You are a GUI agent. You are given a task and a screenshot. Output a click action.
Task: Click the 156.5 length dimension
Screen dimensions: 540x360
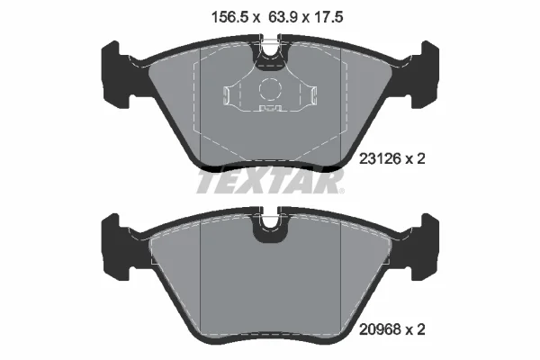pyautogui.click(x=229, y=17)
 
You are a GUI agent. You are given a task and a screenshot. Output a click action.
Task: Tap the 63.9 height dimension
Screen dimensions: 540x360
pyautogui.click(x=283, y=17)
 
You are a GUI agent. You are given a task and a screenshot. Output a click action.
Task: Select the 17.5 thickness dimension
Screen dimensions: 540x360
pyautogui.click(x=329, y=17)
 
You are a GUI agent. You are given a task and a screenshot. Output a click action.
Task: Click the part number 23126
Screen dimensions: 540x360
pyautogui.click(x=380, y=159)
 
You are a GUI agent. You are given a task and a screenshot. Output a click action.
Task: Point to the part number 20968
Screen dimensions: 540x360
pyautogui.click(x=380, y=329)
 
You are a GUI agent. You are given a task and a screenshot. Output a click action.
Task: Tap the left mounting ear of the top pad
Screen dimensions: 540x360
pyautogui.click(x=115, y=75)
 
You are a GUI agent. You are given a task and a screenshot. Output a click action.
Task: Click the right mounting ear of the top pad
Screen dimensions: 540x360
pyautogui.click(x=425, y=75)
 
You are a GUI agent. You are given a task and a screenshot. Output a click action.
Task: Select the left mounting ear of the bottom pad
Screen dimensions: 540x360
pyautogui.click(x=115, y=247)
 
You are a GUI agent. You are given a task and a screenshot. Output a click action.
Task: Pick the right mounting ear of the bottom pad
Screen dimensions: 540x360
pyautogui.click(x=425, y=247)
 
